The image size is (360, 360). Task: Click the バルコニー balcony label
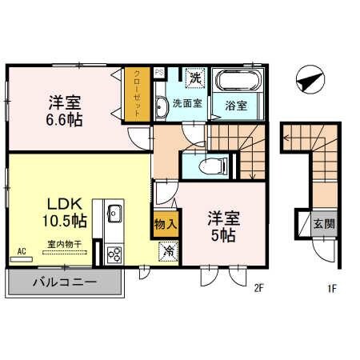point(64,282)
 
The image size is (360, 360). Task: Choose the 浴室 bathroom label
point(236,104)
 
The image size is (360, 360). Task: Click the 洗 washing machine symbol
point(194,78)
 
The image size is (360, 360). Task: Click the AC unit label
point(22,250)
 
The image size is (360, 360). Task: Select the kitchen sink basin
point(114,214)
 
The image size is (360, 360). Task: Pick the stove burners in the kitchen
point(113,254)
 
